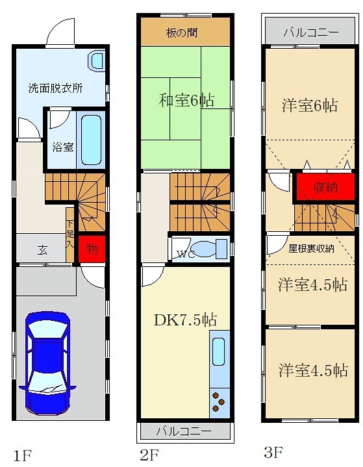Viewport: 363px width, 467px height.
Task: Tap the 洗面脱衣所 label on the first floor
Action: pyautogui.click(x=55, y=88)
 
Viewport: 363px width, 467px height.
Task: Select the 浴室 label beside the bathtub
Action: pyautogui.click(x=62, y=146)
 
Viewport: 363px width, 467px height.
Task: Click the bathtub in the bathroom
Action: pyautogui.click(x=90, y=140)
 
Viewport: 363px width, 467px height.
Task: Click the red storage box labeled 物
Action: pyautogui.click(x=90, y=249)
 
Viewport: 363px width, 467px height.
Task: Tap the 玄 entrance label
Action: pyautogui.click(x=41, y=249)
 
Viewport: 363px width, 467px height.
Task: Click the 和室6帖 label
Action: pyautogui.click(x=186, y=100)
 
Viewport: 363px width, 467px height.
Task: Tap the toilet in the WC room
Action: pyautogui.click(x=209, y=249)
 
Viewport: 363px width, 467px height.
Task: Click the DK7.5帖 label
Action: pyautogui.click(x=185, y=320)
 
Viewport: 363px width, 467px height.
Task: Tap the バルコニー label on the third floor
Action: pyautogui.click(x=310, y=32)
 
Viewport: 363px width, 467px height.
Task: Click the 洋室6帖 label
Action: pyautogui.click(x=309, y=105)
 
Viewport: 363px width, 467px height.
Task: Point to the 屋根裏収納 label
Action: pyautogui.click(x=312, y=247)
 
